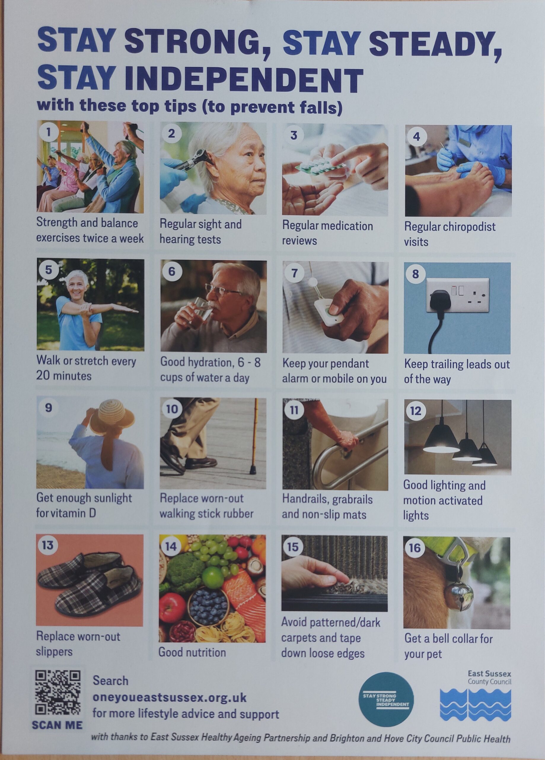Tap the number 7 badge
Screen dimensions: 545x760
294,273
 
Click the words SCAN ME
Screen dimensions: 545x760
57,725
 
